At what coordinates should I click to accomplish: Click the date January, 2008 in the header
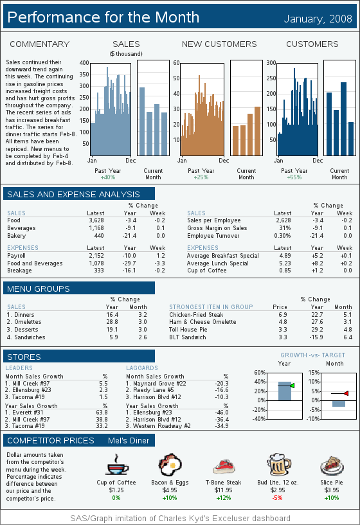pyautogui.click(x=318, y=19)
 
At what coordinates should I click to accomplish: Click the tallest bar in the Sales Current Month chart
pyautogui.click(x=142, y=121)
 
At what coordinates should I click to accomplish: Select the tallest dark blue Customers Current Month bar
pyautogui.click(x=343, y=119)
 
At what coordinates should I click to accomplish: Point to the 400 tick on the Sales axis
pyautogui.click(x=84, y=62)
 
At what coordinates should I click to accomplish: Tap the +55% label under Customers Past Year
pyautogui.click(x=294, y=177)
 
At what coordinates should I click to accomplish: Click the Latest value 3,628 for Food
pyautogui.click(x=96, y=220)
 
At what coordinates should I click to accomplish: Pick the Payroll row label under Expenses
pyautogui.click(x=17, y=256)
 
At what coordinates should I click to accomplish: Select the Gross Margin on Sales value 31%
pyautogui.click(x=285, y=228)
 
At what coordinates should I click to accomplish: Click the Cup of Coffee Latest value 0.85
pyautogui.click(x=285, y=270)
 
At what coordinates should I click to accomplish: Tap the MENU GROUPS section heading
pyautogui.click(x=39, y=289)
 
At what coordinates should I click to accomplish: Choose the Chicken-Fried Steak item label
pyautogui.click(x=196, y=315)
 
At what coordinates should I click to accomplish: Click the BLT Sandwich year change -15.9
pyautogui.click(x=316, y=337)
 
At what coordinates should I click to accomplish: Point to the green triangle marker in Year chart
pyautogui.click(x=292, y=386)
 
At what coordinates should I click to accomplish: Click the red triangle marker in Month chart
pyautogui.click(x=346, y=393)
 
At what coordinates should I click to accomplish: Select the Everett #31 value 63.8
pyautogui.click(x=102, y=413)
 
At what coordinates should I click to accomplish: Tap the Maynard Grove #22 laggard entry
pyautogui.click(x=156, y=384)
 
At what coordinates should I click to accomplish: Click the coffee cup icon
pyautogui.click(x=118, y=465)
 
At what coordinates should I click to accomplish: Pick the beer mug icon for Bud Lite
pyautogui.click(x=278, y=465)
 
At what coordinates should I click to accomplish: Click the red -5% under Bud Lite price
pyautogui.click(x=278, y=498)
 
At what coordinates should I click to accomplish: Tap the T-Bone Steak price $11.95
pyautogui.click(x=223, y=490)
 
